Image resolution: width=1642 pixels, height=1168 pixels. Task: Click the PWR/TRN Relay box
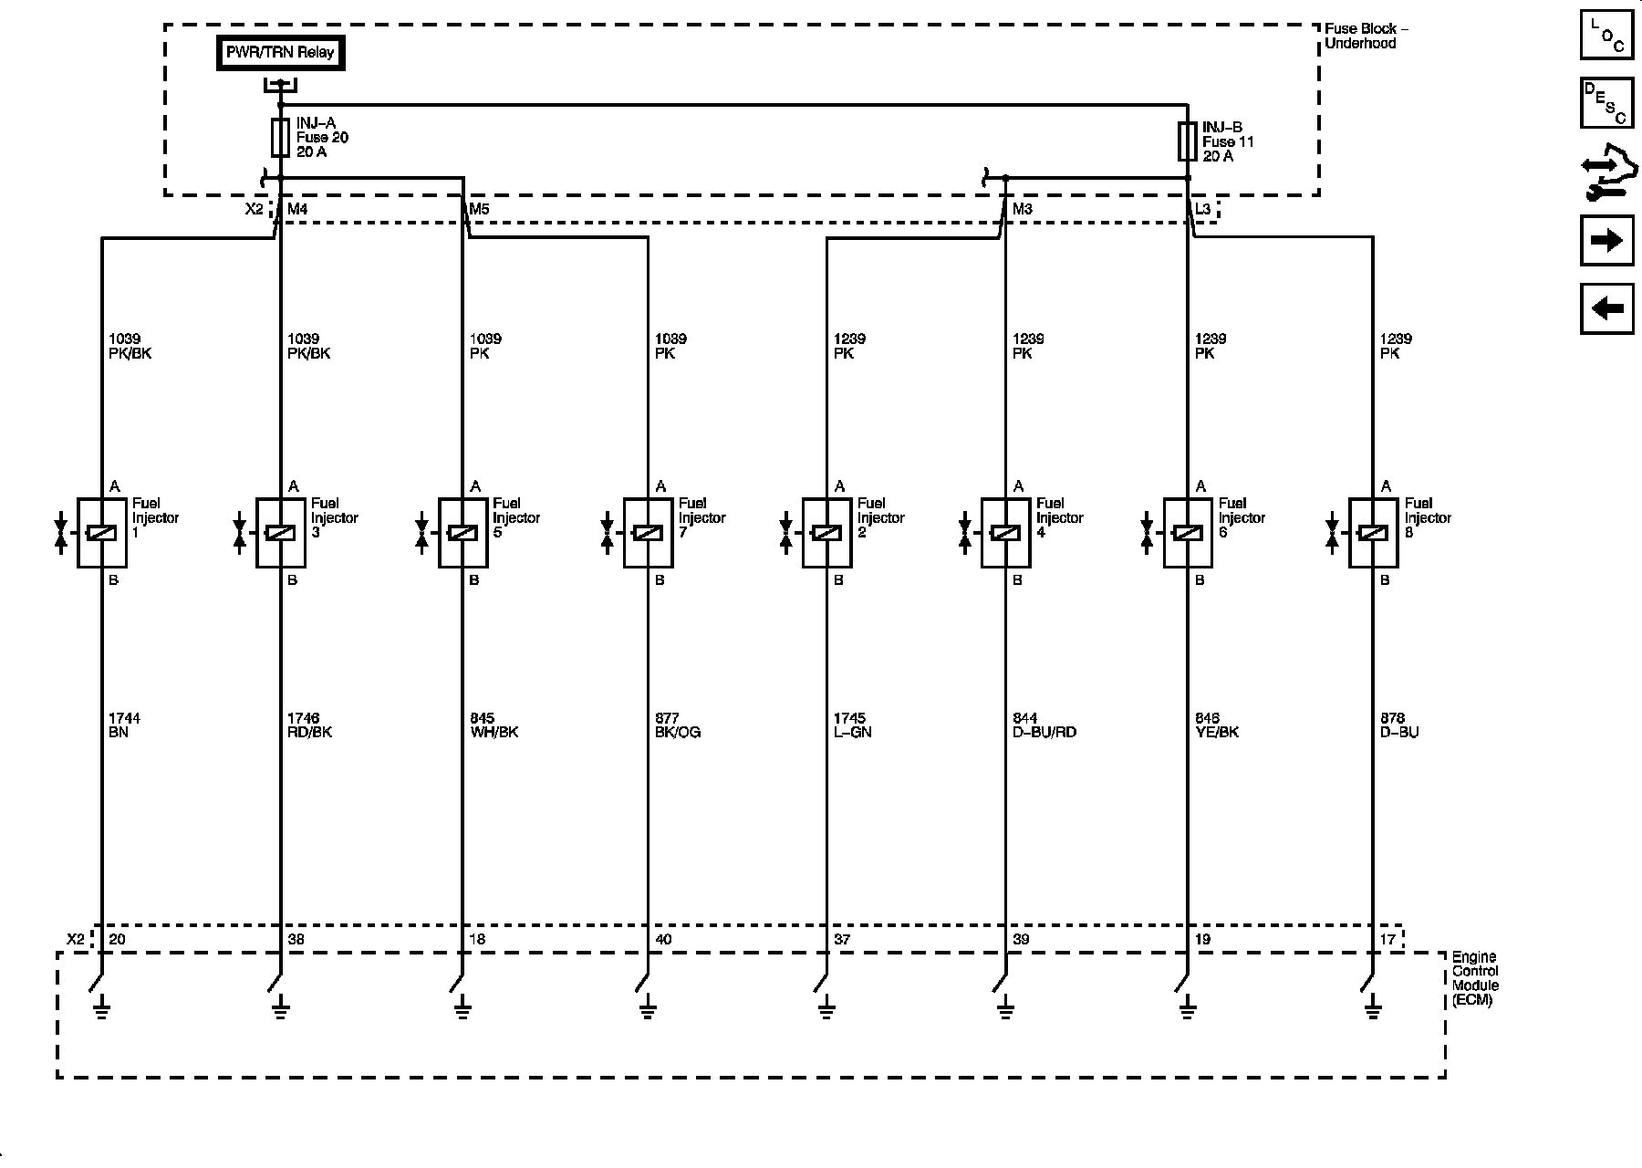[x=281, y=53]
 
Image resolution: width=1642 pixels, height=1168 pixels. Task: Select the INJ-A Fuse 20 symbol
[x=281, y=138]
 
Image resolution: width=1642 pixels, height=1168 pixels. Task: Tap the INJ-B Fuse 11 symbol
[x=1187, y=141]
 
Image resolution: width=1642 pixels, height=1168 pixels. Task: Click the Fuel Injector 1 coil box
[x=101, y=533]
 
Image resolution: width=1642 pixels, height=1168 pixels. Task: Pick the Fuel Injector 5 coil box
[x=462, y=533]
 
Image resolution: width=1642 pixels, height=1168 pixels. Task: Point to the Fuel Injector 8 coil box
[x=1373, y=533]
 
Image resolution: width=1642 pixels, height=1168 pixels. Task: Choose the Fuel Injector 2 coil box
[x=826, y=533]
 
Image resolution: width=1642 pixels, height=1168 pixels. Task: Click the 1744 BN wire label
[x=124, y=725]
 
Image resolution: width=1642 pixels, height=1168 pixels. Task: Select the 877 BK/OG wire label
[x=678, y=725]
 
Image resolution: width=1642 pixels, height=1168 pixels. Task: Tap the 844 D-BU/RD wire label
[x=1044, y=725]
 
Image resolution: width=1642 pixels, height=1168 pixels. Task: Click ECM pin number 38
[x=296, y=939]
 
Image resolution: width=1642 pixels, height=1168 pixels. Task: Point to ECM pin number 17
[x=1387, y=939]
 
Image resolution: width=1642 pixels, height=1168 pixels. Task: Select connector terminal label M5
[x=479, y=210]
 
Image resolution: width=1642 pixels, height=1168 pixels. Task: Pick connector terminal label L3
[x=1203, y=210]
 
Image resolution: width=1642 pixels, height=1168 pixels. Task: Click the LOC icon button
[x=1606, y=35]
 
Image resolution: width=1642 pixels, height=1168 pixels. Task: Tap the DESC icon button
[x=1606, y=103]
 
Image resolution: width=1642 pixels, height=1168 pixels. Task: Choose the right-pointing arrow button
[x=1606, y=240]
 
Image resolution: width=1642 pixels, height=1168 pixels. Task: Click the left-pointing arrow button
[x=1606, y=308]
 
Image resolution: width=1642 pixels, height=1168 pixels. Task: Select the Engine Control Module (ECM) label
[x=1474, y=978]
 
